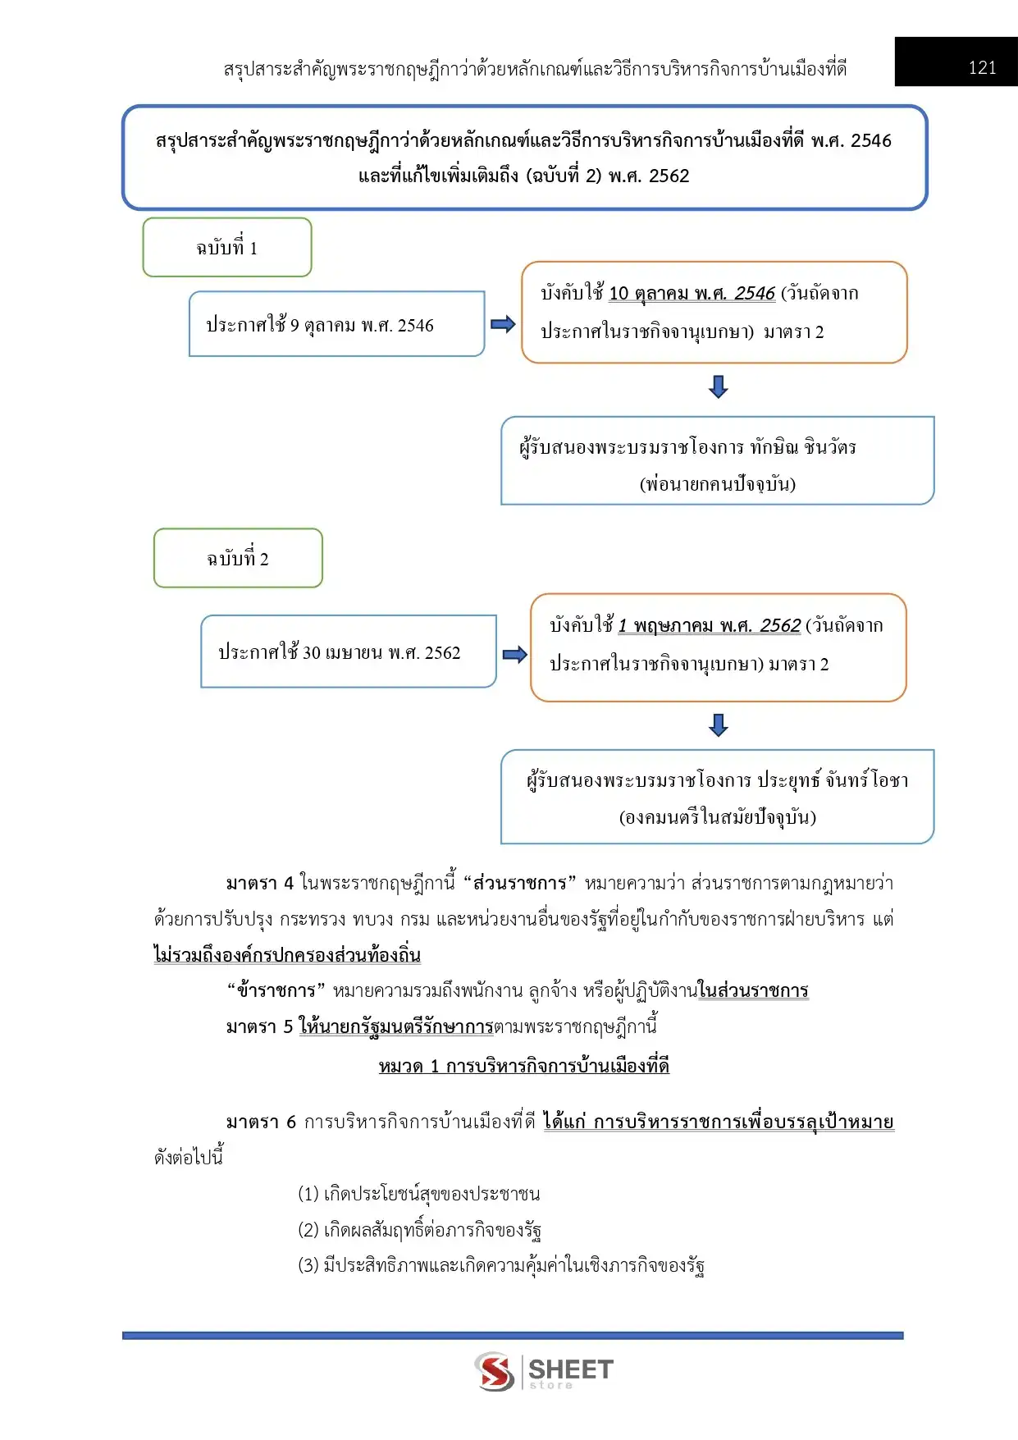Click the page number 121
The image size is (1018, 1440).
click(x=982, y=68)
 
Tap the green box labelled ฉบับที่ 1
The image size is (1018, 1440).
click(x=227, y=247)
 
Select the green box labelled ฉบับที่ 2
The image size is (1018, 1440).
click(x=238, y=558)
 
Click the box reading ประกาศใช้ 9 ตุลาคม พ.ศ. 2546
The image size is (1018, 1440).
click(x=337, y=324)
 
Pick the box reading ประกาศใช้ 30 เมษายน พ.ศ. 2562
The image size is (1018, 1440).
click(x=349, y=651)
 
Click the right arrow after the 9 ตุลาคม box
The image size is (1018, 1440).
click(x=503, y=324)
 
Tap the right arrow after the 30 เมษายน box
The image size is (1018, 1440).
click(x=515, y=654)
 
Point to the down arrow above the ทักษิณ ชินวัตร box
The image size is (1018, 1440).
click(x=719, y=387)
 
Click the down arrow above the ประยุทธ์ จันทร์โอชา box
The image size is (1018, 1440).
click(x=719, y=725)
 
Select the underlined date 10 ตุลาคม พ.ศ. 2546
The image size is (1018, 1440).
click(x=692, y=293)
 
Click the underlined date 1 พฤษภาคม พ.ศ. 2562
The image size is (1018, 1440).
click(x=709, y=625)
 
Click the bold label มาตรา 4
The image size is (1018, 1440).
click(x=259, y=883)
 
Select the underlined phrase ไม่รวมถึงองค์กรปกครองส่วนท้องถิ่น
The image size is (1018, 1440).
click(x=287, y=954)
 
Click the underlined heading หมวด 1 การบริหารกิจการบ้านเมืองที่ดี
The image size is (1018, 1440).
click(x=524, y=1066)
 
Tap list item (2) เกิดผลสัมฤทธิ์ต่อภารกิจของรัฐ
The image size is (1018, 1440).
click(x=419, y=1229)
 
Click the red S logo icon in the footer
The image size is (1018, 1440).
click(x=495, y=1371)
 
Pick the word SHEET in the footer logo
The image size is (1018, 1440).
click(x=571, y=1369)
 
